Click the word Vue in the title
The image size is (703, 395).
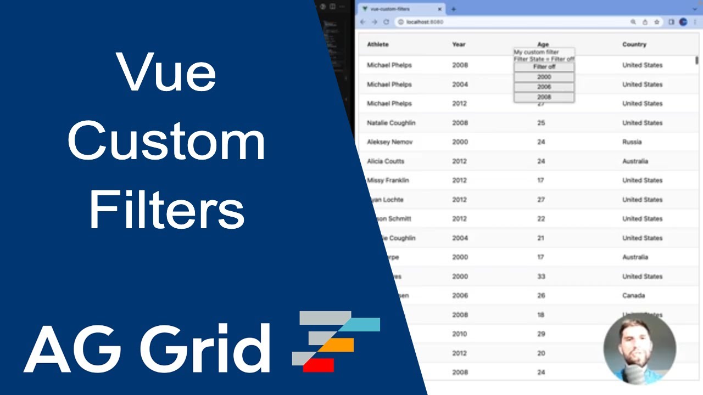[x=166, y=73]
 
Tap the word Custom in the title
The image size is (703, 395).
[x=166, y=142]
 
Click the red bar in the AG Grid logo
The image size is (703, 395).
[x=319, y=364]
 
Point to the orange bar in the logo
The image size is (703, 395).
[x=336, y=345]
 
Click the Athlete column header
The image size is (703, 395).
[x=378, y=44]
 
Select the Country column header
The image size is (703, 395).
[x=634, y=44]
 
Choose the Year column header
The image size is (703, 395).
[x=459, y=44]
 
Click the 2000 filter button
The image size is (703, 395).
[x=544, y=77]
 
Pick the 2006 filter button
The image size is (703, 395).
[x=544, y=87]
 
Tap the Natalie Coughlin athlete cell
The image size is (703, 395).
[x=391, y=123]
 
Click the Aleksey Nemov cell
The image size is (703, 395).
[x=389, y=142]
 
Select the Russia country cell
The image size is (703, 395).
[x=632, y=142]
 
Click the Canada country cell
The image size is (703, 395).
[x=633, y=296]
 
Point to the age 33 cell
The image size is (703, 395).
[x=541, y=276]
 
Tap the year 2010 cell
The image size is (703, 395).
[x=460, y=334]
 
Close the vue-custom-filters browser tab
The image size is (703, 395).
[x=439, y=9]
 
